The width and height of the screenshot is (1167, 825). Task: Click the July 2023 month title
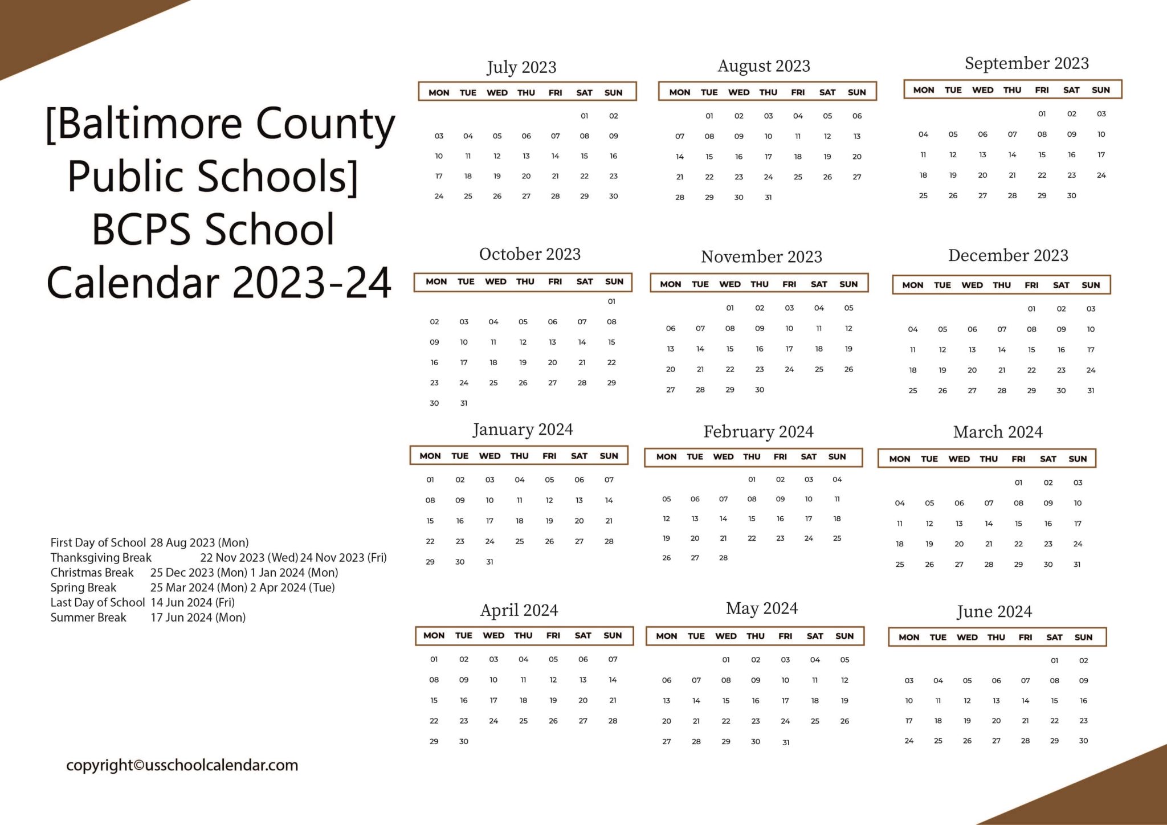[x=521, y=67]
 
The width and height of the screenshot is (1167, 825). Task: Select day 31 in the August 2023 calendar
[x=768, y=197]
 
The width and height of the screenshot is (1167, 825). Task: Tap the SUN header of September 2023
[x=1100, y=90]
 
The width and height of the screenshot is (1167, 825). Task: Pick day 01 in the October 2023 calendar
[x=611, y=301]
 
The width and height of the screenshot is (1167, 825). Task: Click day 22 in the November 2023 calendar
[x=730, y=369]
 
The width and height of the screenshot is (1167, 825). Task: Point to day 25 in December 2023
[x=913, y=391]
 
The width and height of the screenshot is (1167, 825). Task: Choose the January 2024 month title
[x=523, y=430]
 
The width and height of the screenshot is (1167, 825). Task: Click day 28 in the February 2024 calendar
[x=723, y=558]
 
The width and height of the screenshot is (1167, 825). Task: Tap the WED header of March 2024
[x=959, y=459]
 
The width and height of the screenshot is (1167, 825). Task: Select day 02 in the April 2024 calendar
[x=464, y=659]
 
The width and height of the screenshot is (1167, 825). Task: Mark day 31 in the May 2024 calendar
[x=786, y=742]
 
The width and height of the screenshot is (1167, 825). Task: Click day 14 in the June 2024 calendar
[x=1025, y=701]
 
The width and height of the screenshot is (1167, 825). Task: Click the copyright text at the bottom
[x=182, y=765]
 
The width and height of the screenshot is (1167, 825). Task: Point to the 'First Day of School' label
[x=98, y=542]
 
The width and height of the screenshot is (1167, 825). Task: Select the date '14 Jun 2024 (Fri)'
[x=193, y=602]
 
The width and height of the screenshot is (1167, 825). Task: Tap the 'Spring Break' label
[x=83, y=587]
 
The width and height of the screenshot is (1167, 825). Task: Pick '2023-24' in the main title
[x=312, y=283]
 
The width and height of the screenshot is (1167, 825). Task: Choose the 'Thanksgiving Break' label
[x=101, y=557]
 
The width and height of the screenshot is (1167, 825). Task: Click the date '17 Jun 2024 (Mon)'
[x=198, y=618]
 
